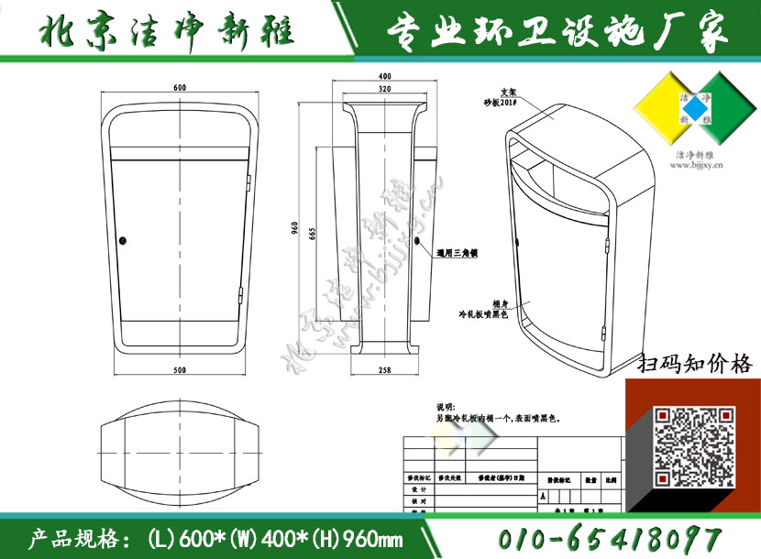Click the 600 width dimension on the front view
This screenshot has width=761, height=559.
pos(179,88)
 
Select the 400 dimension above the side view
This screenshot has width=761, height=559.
pos(384,76)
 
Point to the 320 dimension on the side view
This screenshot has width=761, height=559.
pos(384,90)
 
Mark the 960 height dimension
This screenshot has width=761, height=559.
pos(295,230)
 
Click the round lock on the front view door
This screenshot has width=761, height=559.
pos(123,241)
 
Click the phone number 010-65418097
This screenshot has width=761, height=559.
pos(611,538)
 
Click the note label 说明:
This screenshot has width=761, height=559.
pos(445,406)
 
